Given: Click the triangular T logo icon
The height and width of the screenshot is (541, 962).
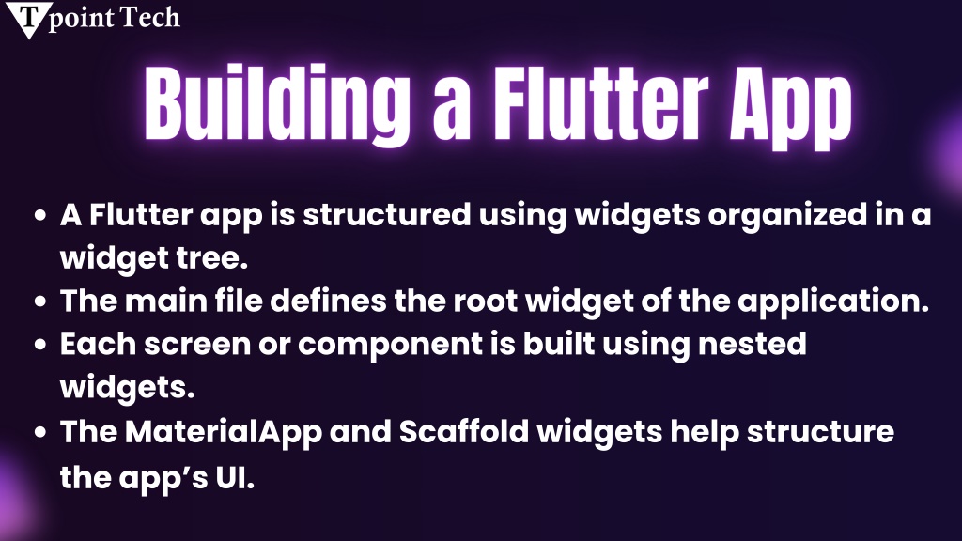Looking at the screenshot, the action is pyautogui.click(x=28, y=19).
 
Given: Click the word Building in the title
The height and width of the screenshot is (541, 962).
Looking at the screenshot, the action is pyautogui.click(x=277, y=104).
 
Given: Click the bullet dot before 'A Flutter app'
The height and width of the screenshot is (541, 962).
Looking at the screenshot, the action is pyautogui.click(x=40, y=215).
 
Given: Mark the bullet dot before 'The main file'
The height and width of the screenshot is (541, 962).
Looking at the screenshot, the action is pyautogui.click(x=40, y=301).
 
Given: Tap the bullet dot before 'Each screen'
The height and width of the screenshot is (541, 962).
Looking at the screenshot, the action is pyautogui.click(x=40, y=344).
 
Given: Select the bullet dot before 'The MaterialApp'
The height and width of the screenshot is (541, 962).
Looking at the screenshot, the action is pyautogui.click(x=40, y=432).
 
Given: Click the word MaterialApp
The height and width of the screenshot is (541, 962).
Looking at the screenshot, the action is pyautogui.click(x=224, y=433).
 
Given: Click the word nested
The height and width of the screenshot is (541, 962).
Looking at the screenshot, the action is pyautogui.click(x=753, y=344).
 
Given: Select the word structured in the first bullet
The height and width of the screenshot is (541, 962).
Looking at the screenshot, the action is pyautogui.click(x=387, y=215).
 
